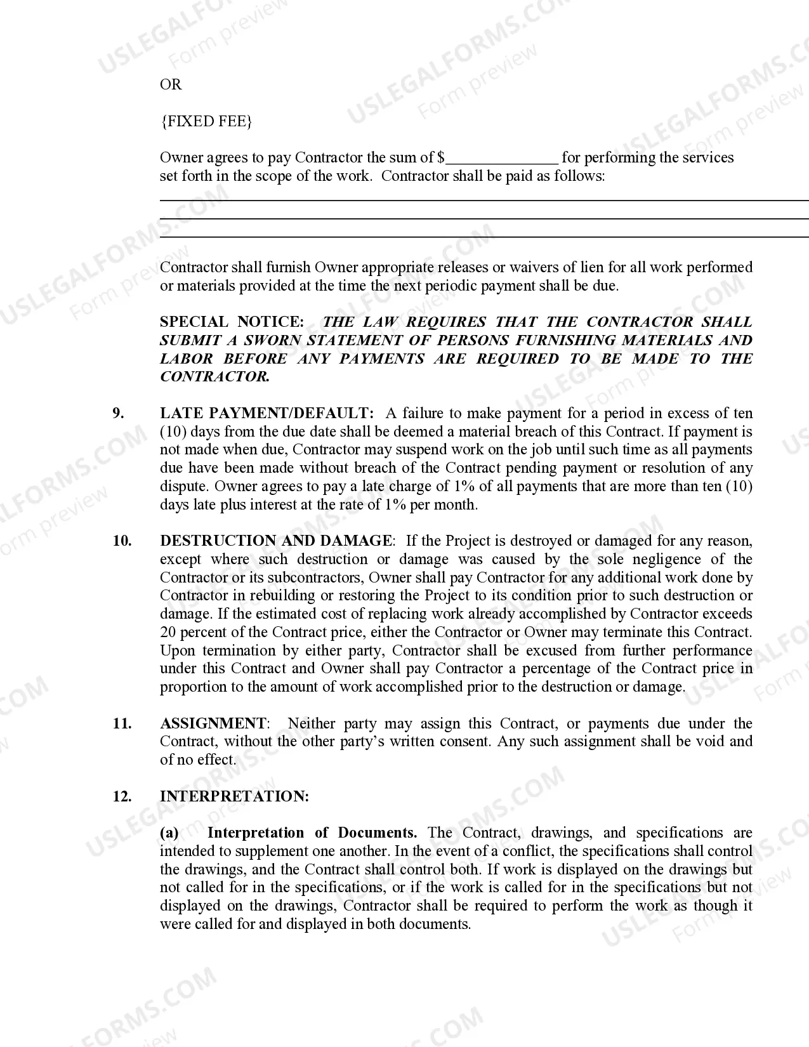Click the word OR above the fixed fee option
pyautogui.click(x=171, y=84)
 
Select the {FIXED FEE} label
pyautogui.click(x=206, y=121)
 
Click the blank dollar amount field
pyautogui.click(x=502, y=159)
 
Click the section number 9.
pyautogui.click(x=118, y=413)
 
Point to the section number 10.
pyautogui.click(x=122, y=541)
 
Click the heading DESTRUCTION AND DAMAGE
pyautogui.click(x=275, y=541)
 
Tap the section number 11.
pyautogui.click(x=122, y=723)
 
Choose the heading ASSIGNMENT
pyautogui.click(x=213, y=723)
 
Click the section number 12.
pyautogui.click(x=122, y=796)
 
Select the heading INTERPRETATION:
pyautogui.click(x=234, y=796)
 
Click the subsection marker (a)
pyautogui.click(x=169, y=833)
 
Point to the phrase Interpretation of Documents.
pyautogui.click(x=312, y=833)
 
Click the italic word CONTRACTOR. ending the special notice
pyautogui.click(x=214, y=376)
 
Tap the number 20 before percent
pyautogui.click(x=168, y=632)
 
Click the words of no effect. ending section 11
pyautogui.click(x=197, y=760)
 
